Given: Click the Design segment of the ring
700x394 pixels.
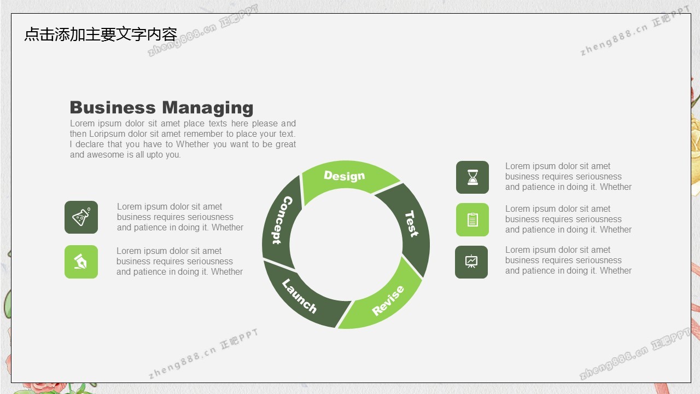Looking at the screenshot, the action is click(x=345, y=177).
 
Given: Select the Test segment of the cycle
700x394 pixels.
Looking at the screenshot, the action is click(x=412, y=224).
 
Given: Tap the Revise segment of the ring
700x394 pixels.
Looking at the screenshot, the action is click(x=388, y=300).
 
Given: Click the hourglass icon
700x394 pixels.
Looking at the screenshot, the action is click(x=472, y=177).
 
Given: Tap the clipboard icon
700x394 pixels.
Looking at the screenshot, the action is click(x=472, y=219).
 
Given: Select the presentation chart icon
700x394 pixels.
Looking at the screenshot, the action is click(x=471, y=262).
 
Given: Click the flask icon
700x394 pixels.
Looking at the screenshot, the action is click(x=81, y=217).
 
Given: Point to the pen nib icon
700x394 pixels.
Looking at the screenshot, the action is click(x=80, y=262).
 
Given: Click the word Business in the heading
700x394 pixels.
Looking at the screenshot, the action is click(x=113, y=108).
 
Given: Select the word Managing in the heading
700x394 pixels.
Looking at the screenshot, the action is click(x=208, y=108).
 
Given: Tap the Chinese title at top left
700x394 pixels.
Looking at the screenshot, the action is click(x=101, y=34).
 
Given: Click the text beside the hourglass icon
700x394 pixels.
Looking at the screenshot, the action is click(x=568, y=176).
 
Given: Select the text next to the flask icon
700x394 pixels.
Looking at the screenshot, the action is click(x=180, y=217).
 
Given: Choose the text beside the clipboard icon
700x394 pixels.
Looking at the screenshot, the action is click(x=568, y=219).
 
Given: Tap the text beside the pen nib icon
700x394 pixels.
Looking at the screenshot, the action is click(x=179, y=262).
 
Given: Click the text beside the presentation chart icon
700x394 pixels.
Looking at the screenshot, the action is click(x=568, y=260).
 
